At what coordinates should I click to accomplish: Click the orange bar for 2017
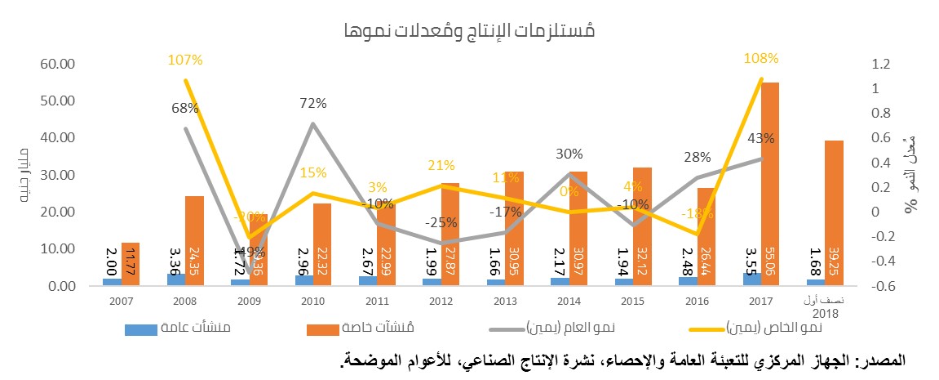[769, 184]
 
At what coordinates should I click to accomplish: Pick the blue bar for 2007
[113, 281]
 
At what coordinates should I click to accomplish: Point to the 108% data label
[761, 59]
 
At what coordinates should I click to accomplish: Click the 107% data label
[186, 60]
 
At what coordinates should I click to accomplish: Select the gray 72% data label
[312, 103]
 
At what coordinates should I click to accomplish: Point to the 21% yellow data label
[438, 167]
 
